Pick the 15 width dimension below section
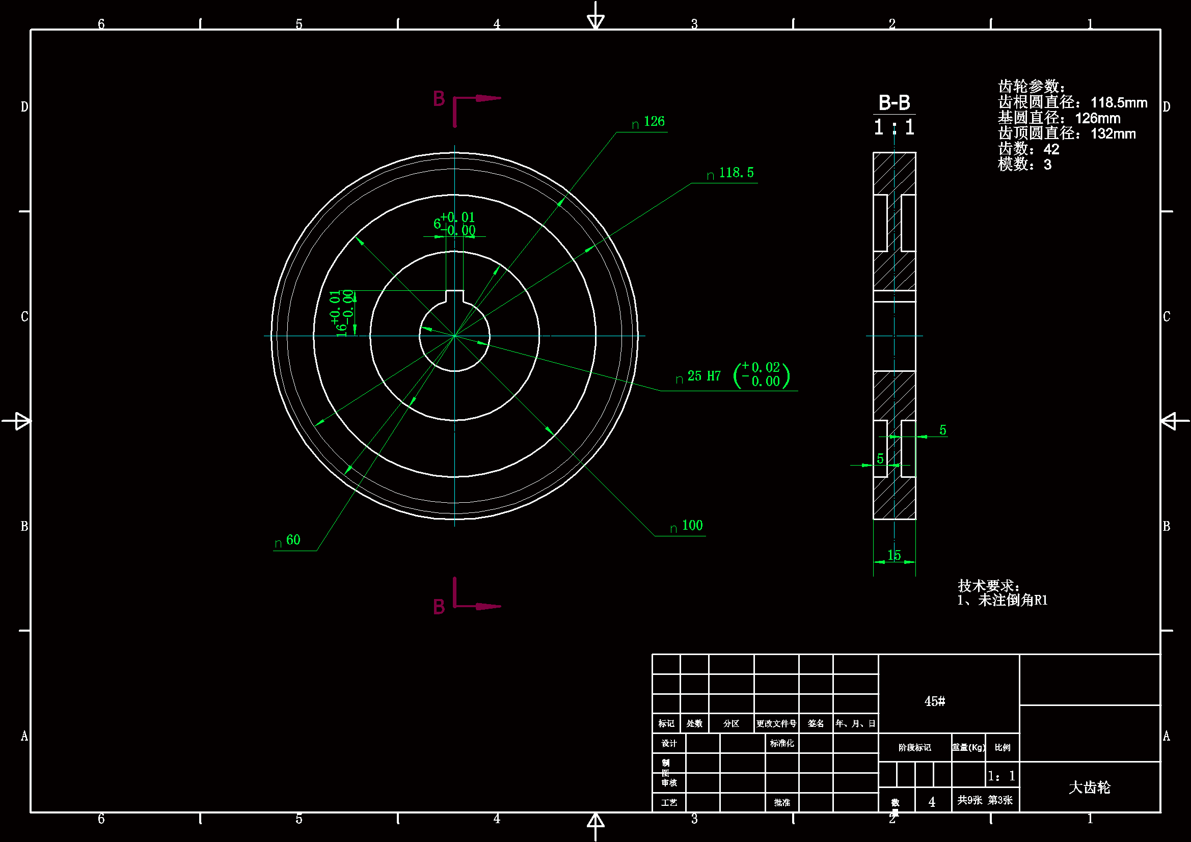pyautogui.click(x=894, y=556)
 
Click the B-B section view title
pyautogui.click(x=895, y=103)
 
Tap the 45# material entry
pyautogui.click(x=934, y=701)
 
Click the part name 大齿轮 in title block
pyautogui.click(x=1089, y=787)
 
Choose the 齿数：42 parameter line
pyautogui.click(x=1028, y=149)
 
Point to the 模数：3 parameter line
pyautogui.click(x=1024, y=165)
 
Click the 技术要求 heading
pyautogui.click(x=988, y=586)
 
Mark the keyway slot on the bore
pyautogui.click(x=454, y=296)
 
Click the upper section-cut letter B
pyautogui.click(x=439, y=99)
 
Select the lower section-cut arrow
pyautogui.click(x=488, y=606)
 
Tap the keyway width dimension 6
pyautogui.click(x=437, y=224)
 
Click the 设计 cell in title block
pyautogui.click(x=669, y=743)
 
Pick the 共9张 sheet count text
pyautogui.click(x=969, y=800)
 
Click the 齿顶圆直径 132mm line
pyautogui.click(x=1067, y=134)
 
